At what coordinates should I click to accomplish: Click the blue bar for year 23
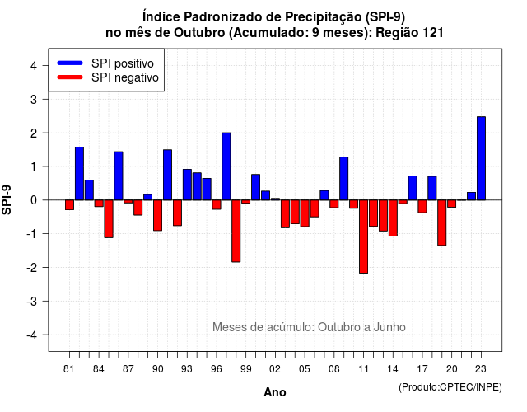coord(481,158)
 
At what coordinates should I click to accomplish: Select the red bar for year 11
coord(363,236)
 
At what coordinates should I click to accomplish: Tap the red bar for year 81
coord(69,205)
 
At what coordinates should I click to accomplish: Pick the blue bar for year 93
coord(187,185)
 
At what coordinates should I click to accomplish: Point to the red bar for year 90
coord(157,215)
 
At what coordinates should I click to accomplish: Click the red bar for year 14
coord(393,218)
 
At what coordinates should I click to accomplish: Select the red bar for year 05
coord(305,213)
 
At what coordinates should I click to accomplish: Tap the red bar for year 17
coord(422,207)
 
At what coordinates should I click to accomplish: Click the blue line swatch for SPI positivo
coord(70,63)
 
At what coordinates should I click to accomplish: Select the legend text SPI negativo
coord(124,77)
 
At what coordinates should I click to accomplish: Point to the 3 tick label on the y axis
coord(33,99)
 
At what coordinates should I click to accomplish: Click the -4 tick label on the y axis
coord(32,335)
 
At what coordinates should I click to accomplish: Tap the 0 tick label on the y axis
coord(33,200)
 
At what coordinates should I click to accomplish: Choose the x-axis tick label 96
coord(216,369)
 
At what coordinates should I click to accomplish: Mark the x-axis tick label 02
coord(275,369)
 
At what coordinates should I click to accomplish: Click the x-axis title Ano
coord(274,392)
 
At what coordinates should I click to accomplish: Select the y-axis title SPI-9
coord(7,199)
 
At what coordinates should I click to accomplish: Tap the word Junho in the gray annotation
coord(389,327)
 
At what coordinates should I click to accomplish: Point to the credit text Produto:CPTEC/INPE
coord(450,387)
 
